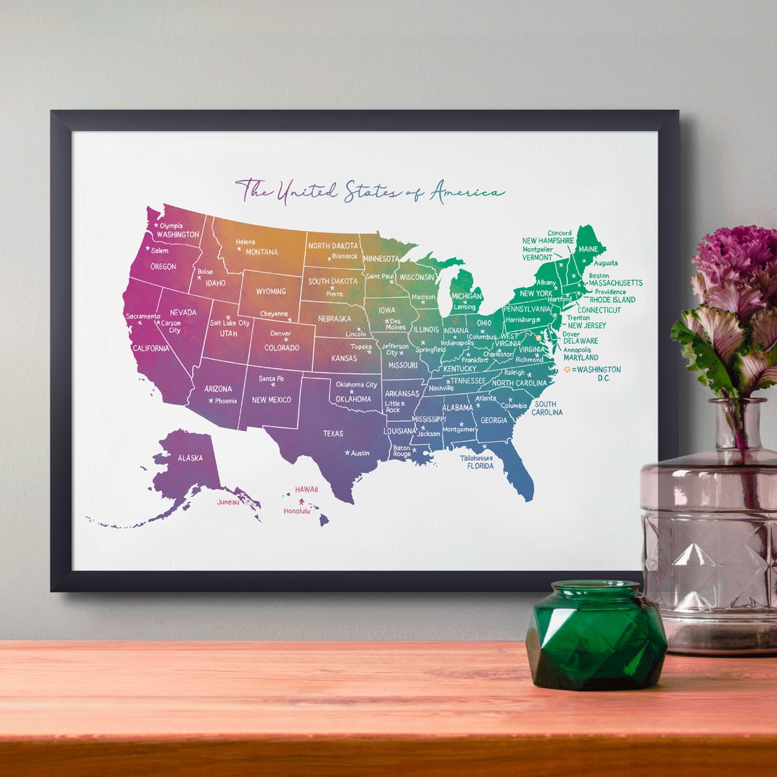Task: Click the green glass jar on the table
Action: (x=596, y=636)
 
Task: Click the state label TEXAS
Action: (x=333, y=434)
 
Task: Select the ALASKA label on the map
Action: (x=190, y=458)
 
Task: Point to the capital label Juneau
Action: (x=229, y=502)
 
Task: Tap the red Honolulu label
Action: (x=296, y=511)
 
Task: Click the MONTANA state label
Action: (x=262, y=252)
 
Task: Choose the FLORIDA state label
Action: (x=480, y=466)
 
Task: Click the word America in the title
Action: (x=467, y=192)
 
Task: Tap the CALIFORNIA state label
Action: (x=150, y=348)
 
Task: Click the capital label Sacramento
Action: (x=142, y=316)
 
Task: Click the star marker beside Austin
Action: (x=347, y=453)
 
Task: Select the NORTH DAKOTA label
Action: (x=332, y=246)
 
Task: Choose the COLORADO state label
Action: (x=281, y=348)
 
